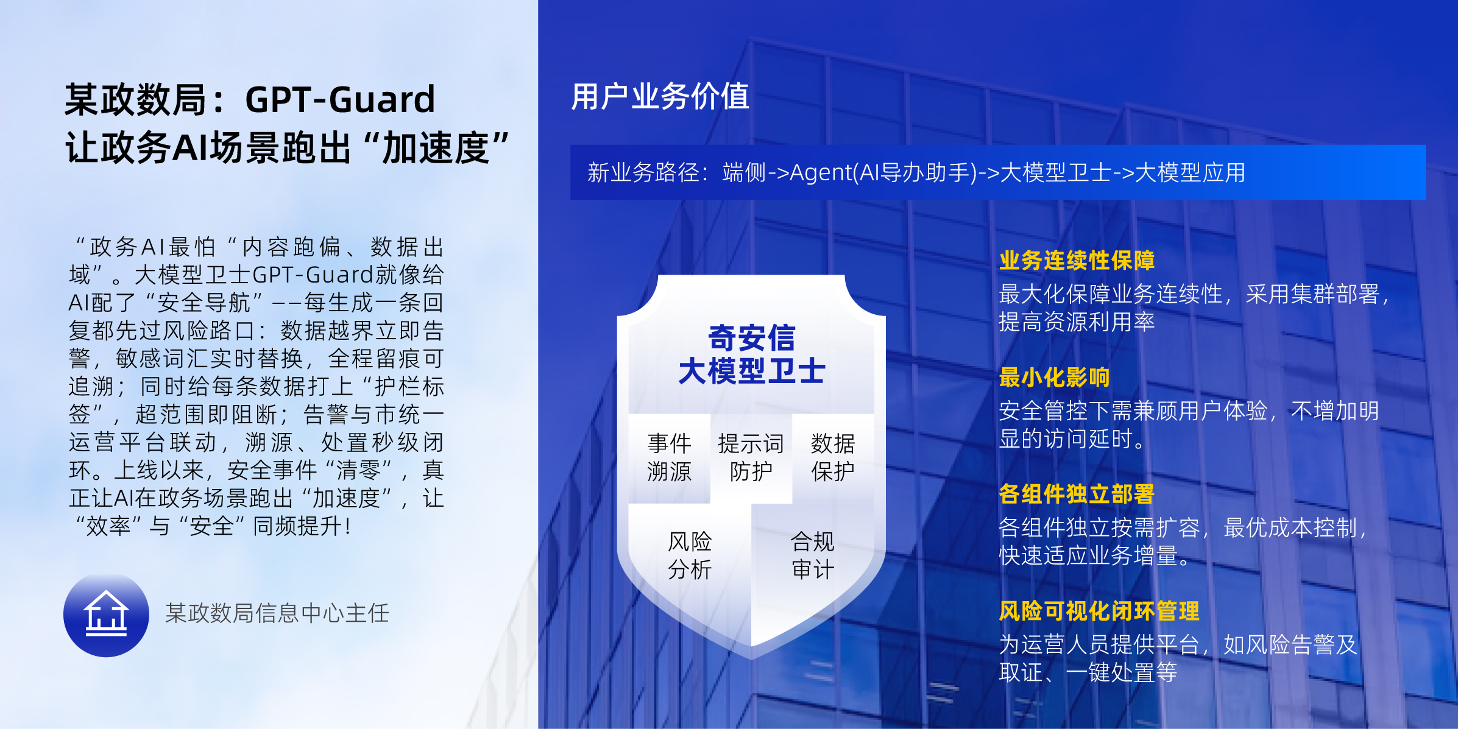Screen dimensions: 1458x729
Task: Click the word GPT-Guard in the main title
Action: [340, 100]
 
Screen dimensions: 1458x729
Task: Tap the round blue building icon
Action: [106, 615]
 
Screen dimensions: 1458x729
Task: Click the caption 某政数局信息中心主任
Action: [277, 613]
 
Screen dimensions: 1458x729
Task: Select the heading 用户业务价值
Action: [660, 97]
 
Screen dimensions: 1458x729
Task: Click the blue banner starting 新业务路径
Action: [998, 172]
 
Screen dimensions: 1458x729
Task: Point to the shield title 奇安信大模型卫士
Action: [752, 354]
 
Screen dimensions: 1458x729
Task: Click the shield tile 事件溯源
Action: [669, 458]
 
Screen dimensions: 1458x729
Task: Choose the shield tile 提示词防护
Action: [751, 458]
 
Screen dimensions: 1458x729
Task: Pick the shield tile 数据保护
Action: [833, 458]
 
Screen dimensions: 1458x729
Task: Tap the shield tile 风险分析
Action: [690, 555]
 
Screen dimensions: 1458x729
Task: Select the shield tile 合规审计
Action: [813, 555]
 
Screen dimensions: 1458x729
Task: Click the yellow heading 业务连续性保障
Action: [1077, 261]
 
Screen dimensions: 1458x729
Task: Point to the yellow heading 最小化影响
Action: [1054, 378]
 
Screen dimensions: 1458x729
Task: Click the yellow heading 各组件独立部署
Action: [1077, 495]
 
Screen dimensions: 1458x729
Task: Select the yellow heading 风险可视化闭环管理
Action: [1099, 611]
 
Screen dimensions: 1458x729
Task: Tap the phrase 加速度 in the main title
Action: [436, 149]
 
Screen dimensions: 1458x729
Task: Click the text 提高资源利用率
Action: [1077, 322]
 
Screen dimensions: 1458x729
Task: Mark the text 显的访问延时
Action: [1071, 439]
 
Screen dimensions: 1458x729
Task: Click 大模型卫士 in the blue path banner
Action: [1056, 173]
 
